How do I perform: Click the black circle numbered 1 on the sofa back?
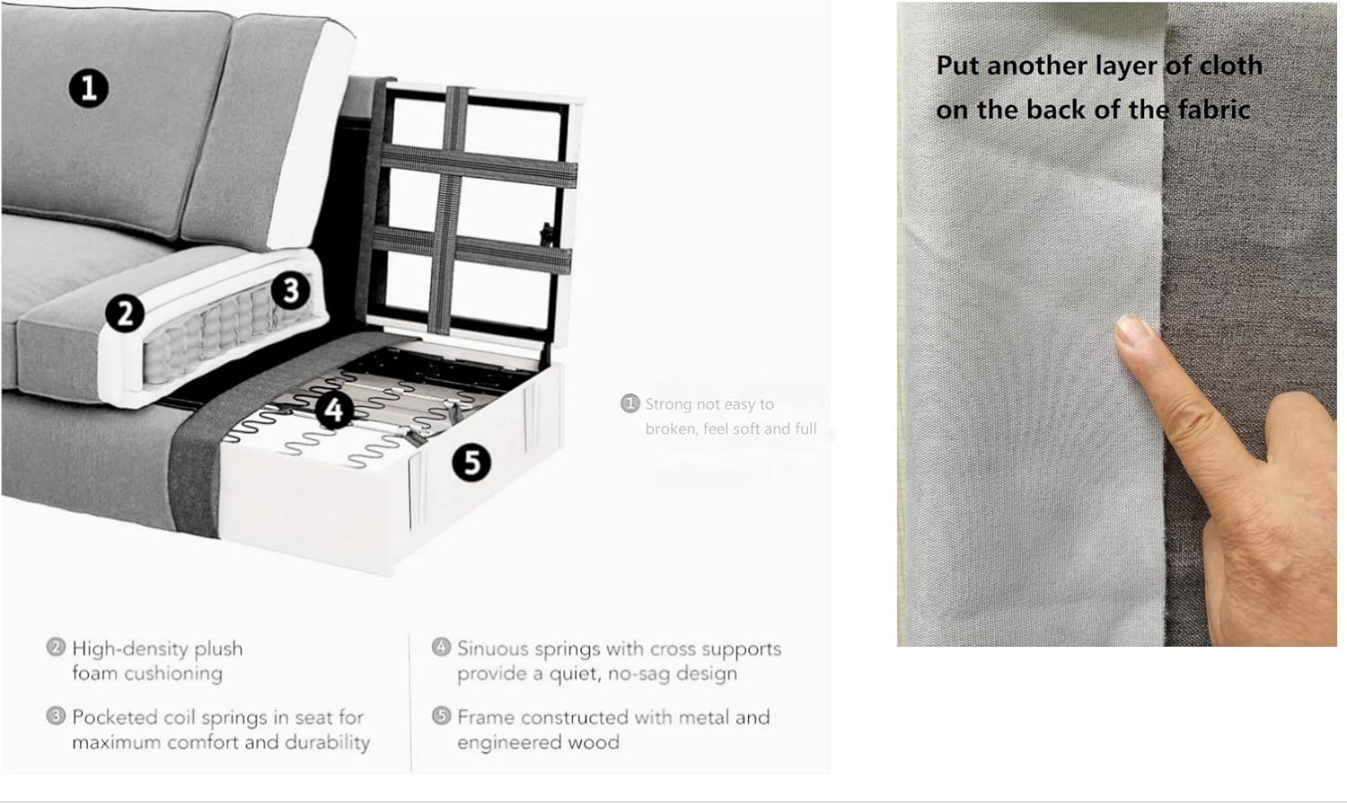[89, 88]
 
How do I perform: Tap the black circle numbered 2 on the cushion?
[125, 314]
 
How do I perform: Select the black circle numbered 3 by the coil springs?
[291, 290]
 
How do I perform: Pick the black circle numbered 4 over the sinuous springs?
[334, 410]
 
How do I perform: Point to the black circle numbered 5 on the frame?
[471, 463]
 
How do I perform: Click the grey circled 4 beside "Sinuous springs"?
[442, 647]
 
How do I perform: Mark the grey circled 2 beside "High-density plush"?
[56, 647]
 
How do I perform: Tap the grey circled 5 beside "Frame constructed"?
[442, 716]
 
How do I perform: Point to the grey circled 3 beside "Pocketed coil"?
[56, 716]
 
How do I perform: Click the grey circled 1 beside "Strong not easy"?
[629, 403]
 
